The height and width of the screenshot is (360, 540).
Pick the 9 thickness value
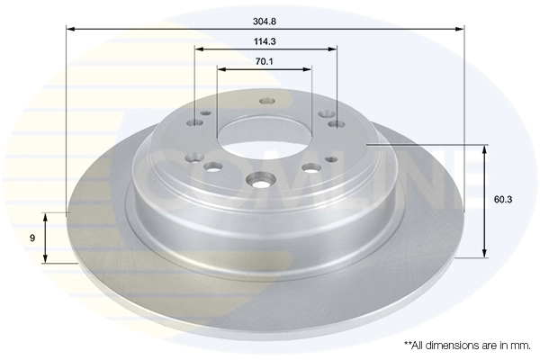click(x=33, y=238)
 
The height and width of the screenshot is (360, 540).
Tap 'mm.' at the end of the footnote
click(x=521, y=345)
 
